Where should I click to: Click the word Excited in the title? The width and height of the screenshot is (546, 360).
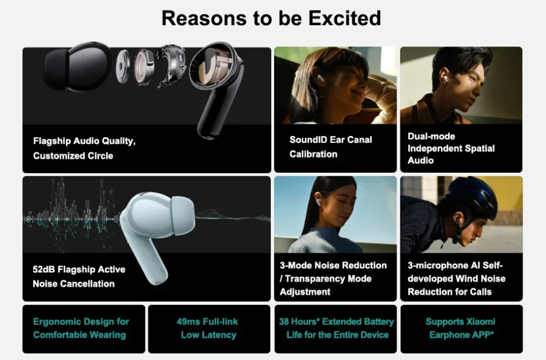(345, 18)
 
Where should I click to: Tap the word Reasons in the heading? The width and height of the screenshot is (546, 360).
(204, 18)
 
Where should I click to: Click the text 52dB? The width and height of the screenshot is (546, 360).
(44, 270)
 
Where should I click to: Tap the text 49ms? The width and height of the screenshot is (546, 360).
(188, 321)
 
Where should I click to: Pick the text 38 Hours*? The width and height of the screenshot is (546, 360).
(299, 321)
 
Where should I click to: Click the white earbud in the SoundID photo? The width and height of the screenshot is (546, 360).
(320, 78)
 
